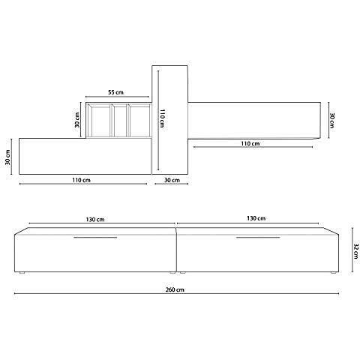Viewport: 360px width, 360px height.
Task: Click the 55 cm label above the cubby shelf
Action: pyautogui.click(x=115, y=91)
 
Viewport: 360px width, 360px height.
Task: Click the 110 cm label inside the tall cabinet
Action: pyautogui.click(x=162, y=119)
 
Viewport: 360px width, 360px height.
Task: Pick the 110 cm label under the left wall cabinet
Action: pyautogui.click(x=82, y=181)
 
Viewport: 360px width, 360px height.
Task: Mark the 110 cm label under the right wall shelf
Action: pyautogui.click(x=250, y=143)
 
